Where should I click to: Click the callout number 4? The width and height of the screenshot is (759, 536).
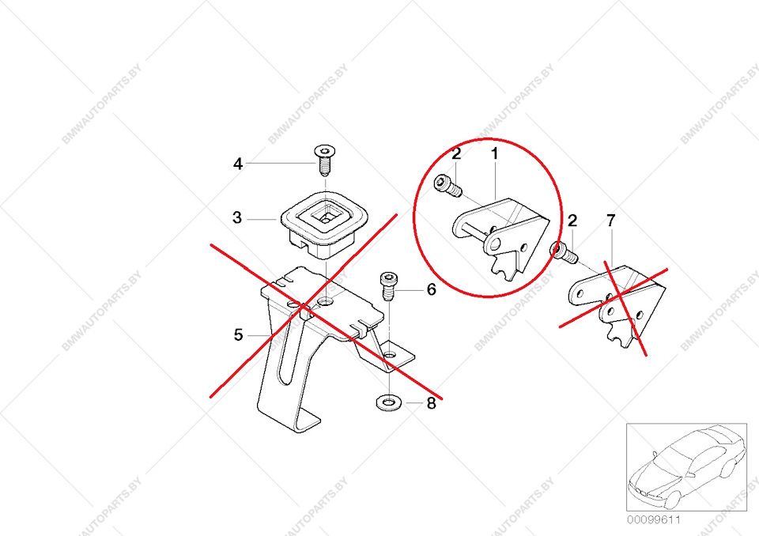pos(238,164)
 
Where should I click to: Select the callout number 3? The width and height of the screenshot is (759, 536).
pos(237,217)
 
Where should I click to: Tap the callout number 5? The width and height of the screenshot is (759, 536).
pos(238,335)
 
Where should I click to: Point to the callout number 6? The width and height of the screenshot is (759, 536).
pos(431,290)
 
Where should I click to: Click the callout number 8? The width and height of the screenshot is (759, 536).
pos(431,403)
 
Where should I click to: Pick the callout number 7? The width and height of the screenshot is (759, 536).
pos(610,221)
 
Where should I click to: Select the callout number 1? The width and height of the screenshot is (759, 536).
pos(496,153)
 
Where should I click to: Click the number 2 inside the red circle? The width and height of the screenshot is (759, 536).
pos(456,153)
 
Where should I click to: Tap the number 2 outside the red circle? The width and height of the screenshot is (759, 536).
pos(572,221)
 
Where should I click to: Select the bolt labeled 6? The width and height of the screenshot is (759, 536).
pos(388,286)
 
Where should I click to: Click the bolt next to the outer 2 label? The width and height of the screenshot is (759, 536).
pos(564,252)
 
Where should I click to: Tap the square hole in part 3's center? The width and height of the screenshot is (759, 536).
pos(326,212)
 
